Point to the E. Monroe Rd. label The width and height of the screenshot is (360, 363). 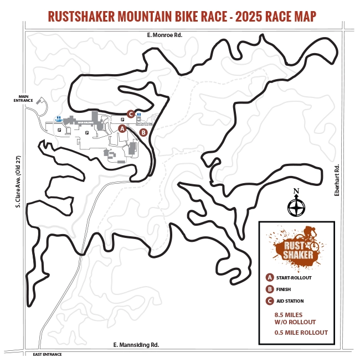[164, 35]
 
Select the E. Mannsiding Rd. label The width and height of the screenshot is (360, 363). [136, 345]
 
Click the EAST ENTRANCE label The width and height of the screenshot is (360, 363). [47, 354]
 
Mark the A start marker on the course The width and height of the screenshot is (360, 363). [122, 128]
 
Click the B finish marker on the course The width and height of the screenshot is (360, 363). [143, 132]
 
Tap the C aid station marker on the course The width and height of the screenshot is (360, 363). [131, 114]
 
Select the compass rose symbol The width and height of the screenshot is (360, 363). [296, 208]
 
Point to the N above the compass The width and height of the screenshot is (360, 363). [296, 192]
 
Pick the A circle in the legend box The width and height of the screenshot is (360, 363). [270, 277]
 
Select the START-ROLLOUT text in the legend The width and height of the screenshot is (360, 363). [294, 278]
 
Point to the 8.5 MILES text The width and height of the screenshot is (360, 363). [287, 315]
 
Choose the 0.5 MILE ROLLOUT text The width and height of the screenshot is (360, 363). [301, 333]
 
